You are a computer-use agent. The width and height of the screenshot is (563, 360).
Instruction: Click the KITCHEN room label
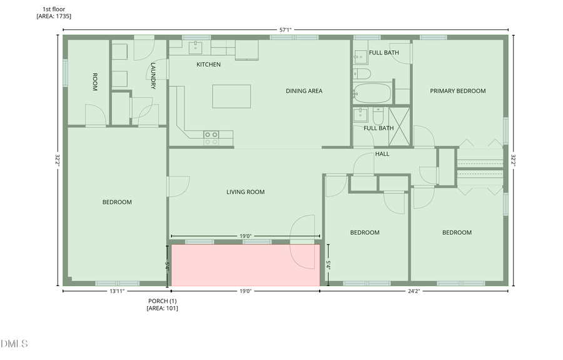point(208,64)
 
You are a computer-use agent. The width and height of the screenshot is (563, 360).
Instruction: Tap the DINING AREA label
point(304,91)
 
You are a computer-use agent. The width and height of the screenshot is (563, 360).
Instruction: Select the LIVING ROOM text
point(245,192)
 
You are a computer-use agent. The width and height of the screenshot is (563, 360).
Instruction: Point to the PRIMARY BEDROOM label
point(457,91)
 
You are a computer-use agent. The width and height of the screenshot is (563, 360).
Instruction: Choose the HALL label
point(382,154)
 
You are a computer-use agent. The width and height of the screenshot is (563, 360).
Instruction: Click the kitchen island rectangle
point(231,96)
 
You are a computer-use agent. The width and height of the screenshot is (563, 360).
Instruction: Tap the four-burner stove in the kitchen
point(211,138)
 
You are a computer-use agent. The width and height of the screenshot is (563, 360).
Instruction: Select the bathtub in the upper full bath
point(372,94)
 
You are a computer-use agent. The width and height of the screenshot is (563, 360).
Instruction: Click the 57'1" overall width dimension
point(285,29)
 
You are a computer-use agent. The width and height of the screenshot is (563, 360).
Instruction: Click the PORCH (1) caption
point(162,301)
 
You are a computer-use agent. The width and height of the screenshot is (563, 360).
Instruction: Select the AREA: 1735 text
point(54,16)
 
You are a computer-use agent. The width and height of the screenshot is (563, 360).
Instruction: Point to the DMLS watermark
point(14,344)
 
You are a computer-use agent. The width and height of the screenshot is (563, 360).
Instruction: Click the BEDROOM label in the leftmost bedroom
point(117,202)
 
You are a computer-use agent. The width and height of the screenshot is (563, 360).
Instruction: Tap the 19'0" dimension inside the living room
point(245,236)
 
